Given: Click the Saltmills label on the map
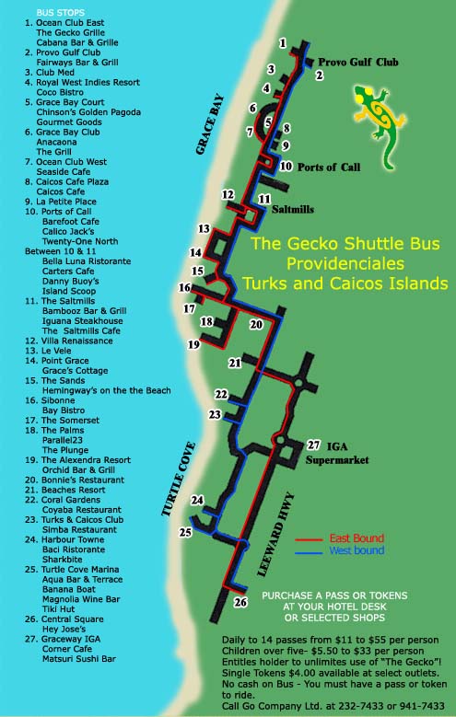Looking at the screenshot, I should (x=293, y=210).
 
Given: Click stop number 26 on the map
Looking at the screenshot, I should (x=241, y=603).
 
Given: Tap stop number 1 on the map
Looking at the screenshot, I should (x=283, y=42).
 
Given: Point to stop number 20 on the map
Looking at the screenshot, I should (x=256, y=324).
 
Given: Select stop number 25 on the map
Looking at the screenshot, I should (x=185, y=532).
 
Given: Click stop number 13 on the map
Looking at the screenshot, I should (x=204, y=228).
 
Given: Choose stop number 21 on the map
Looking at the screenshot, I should (x=236, y=363).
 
